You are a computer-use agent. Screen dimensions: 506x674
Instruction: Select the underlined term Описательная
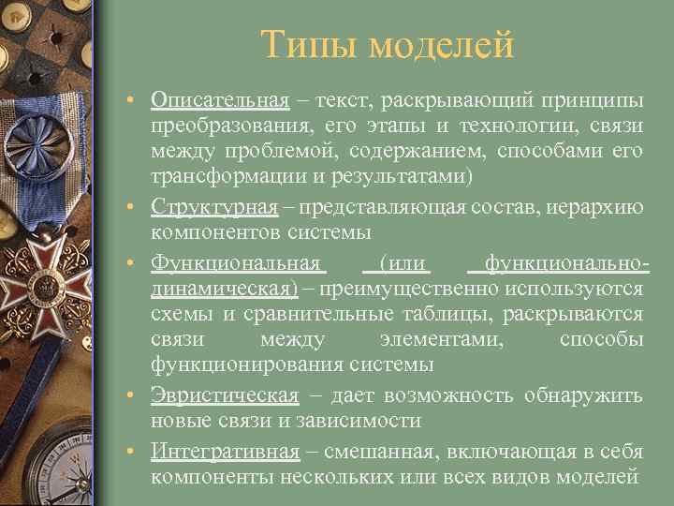point(220,99)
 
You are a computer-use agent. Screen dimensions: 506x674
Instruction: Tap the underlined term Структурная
point(214,206)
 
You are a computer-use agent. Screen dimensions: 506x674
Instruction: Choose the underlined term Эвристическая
point(225,394)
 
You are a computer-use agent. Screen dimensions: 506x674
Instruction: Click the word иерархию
point(599,206)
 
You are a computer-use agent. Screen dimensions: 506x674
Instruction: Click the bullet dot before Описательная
point(136,100)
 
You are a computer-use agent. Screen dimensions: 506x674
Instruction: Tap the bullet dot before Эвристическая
point(136,395)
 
